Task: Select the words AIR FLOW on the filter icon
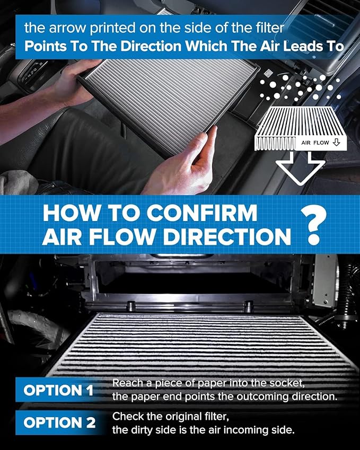tap(316, 143)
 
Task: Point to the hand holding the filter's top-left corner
tap(80, 80)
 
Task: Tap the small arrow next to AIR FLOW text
tap(336, 143)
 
